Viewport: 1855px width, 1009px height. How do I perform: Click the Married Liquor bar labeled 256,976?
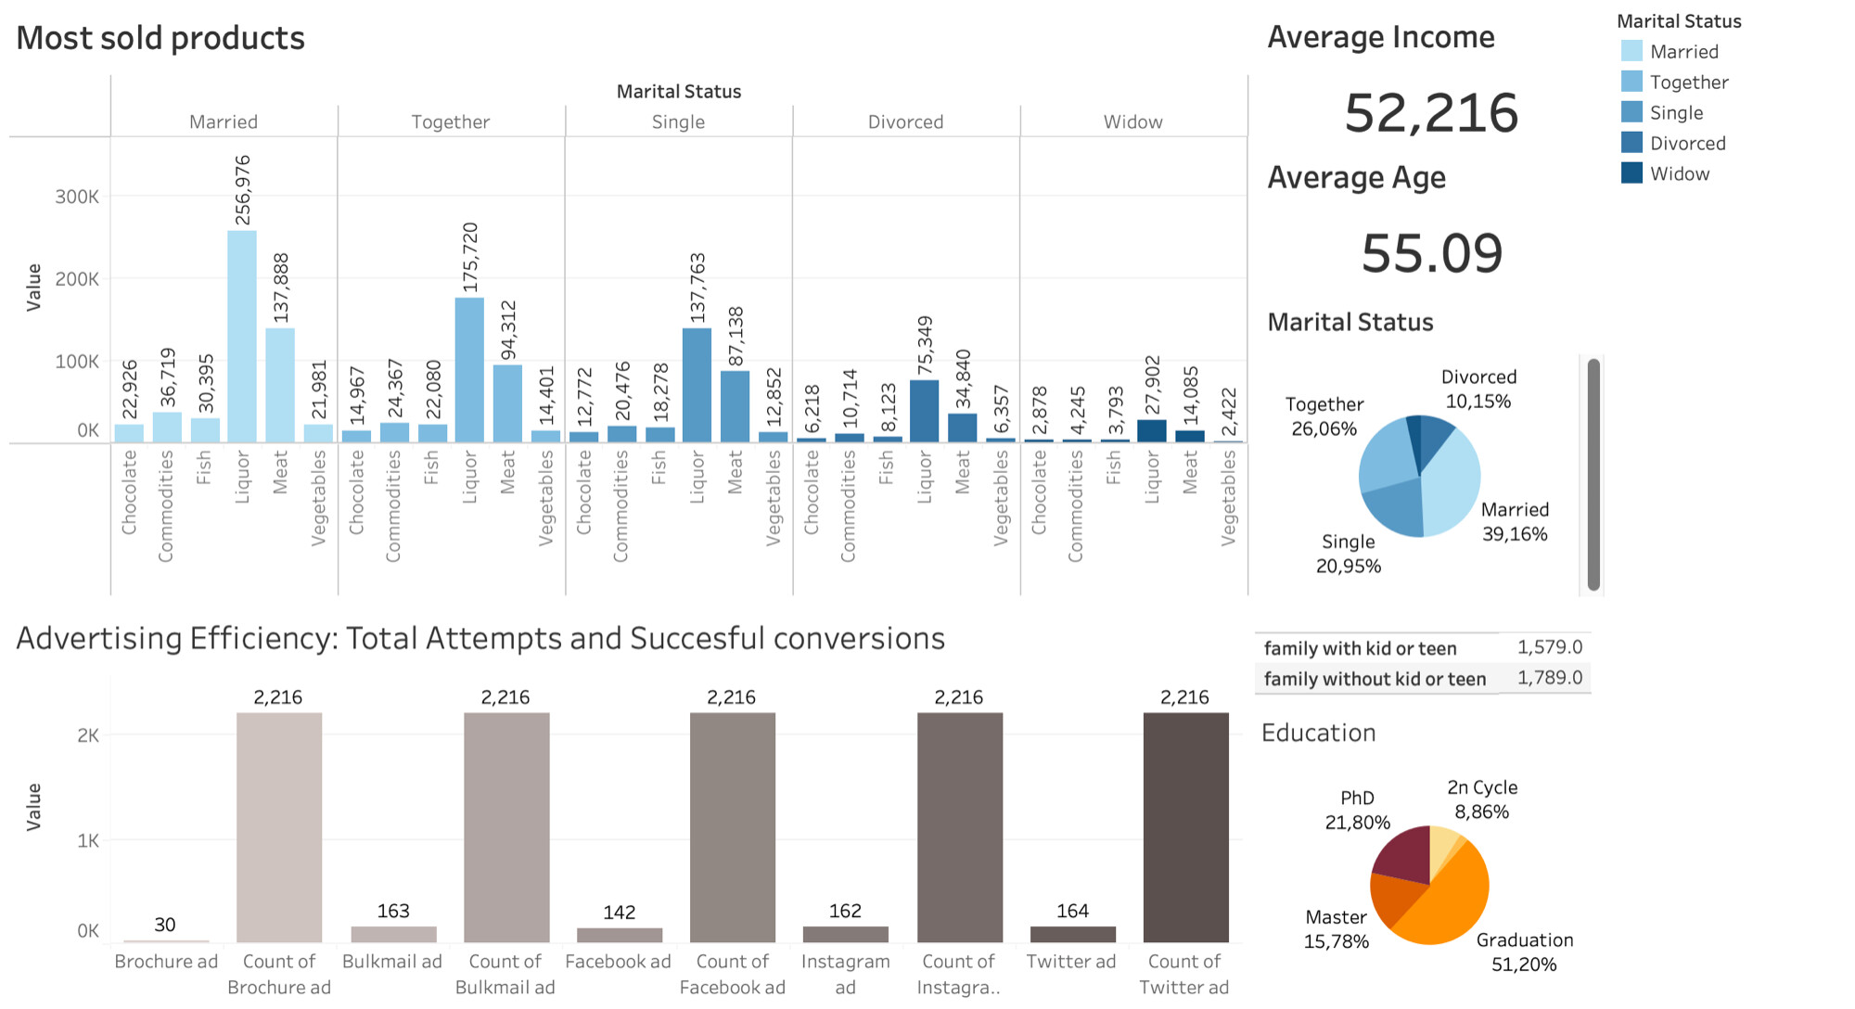coord(242,336)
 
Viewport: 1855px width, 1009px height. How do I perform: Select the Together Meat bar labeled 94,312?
coord(507,403)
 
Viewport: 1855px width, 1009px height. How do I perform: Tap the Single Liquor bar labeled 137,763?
coord(697,385)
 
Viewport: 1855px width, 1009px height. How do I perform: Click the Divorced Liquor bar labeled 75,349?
coord(924,411)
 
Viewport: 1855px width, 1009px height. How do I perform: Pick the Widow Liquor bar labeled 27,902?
coord(1151,431)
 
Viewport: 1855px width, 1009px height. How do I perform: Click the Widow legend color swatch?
coord(1631,173)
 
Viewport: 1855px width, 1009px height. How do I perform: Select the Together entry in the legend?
coord(1688,83)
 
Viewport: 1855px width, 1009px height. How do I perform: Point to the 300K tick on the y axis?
coord(77,197)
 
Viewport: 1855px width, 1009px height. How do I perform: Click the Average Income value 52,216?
coord(1431,113)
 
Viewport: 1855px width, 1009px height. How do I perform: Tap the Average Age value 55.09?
coord(1431,253)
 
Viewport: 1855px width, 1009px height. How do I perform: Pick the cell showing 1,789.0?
coord(1549,678)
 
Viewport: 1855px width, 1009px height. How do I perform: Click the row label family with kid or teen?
coord(1360,648)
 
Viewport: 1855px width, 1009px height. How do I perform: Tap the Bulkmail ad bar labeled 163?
coord(393,934)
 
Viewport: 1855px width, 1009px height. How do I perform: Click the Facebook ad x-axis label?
coord(618,962)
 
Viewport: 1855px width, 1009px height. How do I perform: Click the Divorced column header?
coord(905,122)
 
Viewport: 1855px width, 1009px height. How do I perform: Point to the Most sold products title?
coord(160,38)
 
